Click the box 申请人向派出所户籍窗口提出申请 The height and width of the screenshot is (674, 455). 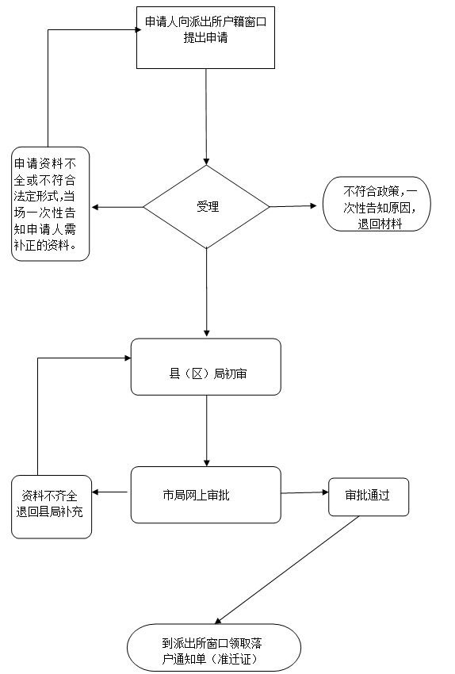205,37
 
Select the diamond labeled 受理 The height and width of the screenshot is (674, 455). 206,207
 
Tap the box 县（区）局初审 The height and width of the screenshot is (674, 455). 206,366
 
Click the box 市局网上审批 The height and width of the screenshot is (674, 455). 206,495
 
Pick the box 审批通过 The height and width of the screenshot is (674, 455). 369,497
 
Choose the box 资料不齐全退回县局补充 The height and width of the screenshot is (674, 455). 52,507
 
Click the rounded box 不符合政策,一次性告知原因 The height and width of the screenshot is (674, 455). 377,204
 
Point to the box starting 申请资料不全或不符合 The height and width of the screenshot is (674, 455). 50,204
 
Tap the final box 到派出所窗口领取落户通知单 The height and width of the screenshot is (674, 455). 214,648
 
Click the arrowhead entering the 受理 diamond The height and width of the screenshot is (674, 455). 206,162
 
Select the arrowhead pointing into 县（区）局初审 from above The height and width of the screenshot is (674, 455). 207,334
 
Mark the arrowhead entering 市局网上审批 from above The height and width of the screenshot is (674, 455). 207,463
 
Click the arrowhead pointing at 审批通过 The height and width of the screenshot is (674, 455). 325,492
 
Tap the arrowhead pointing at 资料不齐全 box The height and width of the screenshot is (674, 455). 95,492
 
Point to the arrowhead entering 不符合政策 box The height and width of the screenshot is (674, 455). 313,206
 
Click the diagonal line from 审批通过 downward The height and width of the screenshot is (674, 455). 287,570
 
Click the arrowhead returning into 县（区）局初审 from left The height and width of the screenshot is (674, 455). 128,358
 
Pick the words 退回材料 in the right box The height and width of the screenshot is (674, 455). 380,224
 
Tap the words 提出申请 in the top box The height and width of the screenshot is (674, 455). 205,38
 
